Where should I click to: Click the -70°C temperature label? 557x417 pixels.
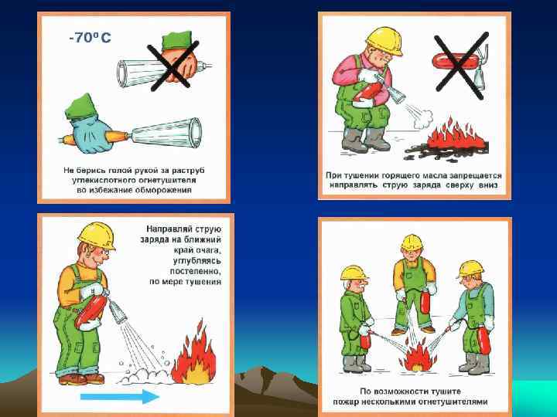pos(90,37)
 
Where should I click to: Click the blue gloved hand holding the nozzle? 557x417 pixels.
pos(89,134)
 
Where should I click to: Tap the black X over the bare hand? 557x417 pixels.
pos(173,66)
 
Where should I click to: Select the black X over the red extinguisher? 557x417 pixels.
pos(461,66)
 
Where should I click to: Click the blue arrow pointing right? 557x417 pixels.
pos(120,396)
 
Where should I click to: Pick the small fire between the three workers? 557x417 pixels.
pos(418,356)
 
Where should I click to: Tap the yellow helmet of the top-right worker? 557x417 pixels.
pos(384,40)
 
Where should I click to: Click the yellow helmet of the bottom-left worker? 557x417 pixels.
pos(97,235)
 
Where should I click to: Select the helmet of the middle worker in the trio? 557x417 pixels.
pos(412,242)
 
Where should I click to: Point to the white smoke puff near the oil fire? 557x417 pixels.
pos(423,120)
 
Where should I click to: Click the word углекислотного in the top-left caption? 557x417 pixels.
pos(98,180)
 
